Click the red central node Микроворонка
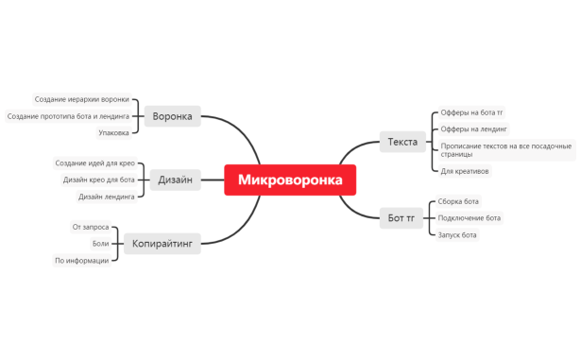coord(290,180)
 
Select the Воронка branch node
coord(172,116)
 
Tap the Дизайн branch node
coord(175,180)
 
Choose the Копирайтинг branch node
coord(162,243)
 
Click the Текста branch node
coord(402,142)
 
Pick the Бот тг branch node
coord(402,217)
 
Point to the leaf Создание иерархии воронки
coord(82,99)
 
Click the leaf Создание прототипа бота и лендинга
coord(68,116)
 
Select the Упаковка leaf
coord(113,133)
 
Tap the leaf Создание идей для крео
coord(94,163)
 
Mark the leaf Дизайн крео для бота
coord(98,180)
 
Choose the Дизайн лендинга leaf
coord(106,197)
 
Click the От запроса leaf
coord(91,227)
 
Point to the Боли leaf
coord(100,243)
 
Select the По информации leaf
coord(81,260)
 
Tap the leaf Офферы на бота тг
coord(471,112)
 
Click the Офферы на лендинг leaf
coord(474,129)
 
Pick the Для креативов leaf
coord(465,171)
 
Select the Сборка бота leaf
coord(459,201)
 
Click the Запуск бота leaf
coord(457,234)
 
